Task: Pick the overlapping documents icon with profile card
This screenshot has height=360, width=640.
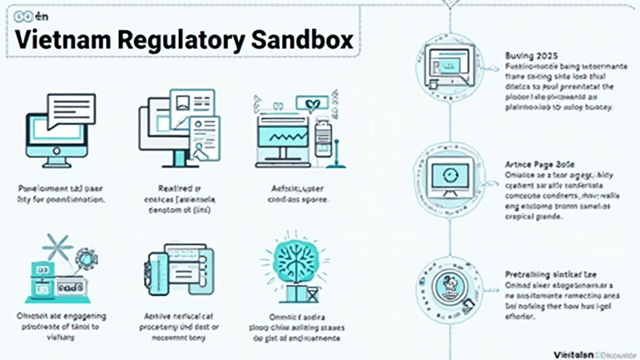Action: coord(181,127)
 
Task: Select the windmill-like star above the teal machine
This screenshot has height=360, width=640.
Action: coord(57,247)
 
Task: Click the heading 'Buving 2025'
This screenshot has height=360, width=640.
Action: coord(531,55)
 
